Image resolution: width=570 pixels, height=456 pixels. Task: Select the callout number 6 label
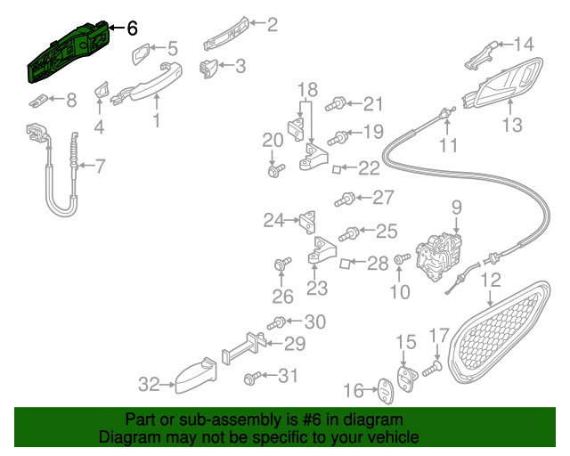click(x=132, y=28)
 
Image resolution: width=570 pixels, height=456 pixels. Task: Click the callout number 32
click(x=148, y=385)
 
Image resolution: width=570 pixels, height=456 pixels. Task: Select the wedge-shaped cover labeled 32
click(x=193, y=379)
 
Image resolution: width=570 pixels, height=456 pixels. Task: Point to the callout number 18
click(x=306, y=89)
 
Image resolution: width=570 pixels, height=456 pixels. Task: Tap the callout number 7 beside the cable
click(x=100, y=165)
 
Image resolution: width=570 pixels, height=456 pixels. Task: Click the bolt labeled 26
click(x=282, y=265)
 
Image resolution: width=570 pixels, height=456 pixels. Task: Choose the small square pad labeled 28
click(x=349, y=263)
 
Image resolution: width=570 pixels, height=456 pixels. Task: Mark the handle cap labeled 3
click(x=209, y=67)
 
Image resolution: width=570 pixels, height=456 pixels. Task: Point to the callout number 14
click(x=523, y=43)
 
